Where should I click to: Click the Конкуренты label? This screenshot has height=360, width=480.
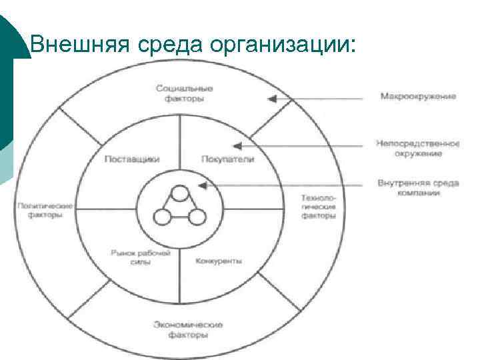[219, 261]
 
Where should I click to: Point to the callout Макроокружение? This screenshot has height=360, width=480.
[418, 97]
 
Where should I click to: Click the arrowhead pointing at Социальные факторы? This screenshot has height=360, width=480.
[271, 99]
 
